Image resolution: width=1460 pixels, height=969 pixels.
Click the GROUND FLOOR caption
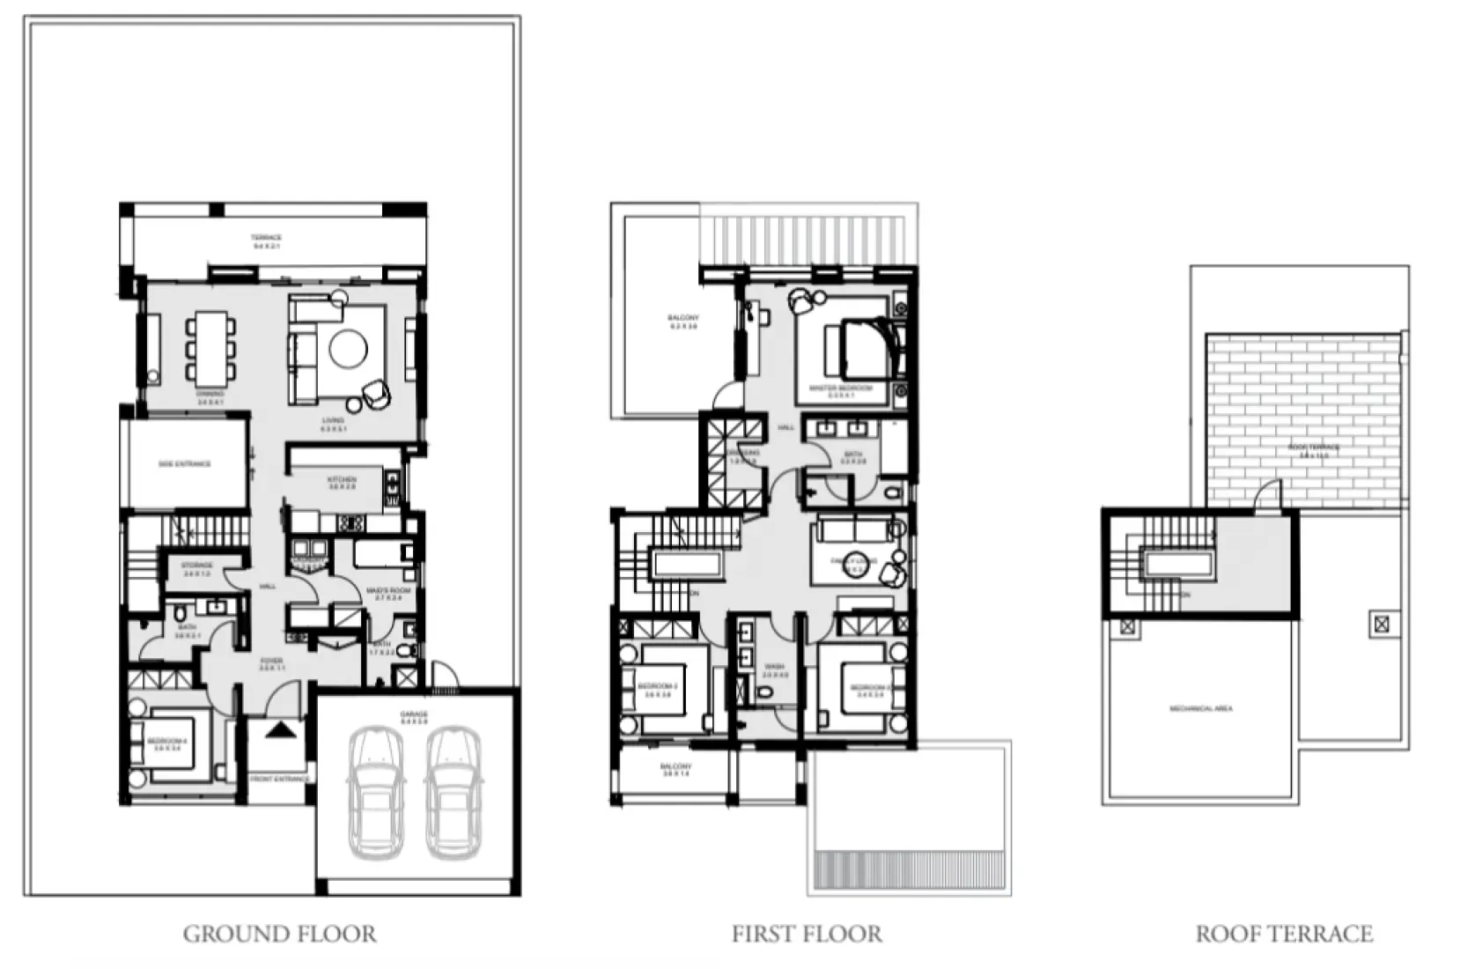point(279,934)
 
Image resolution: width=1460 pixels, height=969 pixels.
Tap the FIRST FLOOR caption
point(806,934)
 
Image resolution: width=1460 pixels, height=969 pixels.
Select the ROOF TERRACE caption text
point(1284,934)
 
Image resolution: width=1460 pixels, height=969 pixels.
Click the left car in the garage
point(377,792)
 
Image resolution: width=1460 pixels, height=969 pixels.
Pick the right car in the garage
point(453,792)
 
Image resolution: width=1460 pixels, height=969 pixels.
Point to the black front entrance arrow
point(279,729)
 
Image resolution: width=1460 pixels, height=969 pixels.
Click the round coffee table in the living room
point(348,349)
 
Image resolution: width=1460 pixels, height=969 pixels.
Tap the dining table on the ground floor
point(210,349)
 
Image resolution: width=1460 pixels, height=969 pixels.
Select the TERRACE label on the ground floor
point(266,238)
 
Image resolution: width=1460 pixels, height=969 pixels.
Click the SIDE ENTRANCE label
point(185,463)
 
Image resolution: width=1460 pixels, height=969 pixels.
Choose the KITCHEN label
point(342,480)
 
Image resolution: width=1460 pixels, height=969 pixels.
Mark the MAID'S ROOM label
point(387,591)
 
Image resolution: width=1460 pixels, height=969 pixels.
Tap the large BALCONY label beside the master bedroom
point(682,318)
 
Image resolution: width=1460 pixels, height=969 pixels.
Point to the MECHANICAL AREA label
point(1201,708)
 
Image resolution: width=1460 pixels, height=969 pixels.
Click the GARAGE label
point(414,714)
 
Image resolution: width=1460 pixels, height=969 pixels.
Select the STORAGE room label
point(196,566)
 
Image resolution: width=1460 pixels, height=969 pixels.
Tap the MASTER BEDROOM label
point(841,388)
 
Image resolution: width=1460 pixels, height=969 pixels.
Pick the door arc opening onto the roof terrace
point(1267,494)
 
